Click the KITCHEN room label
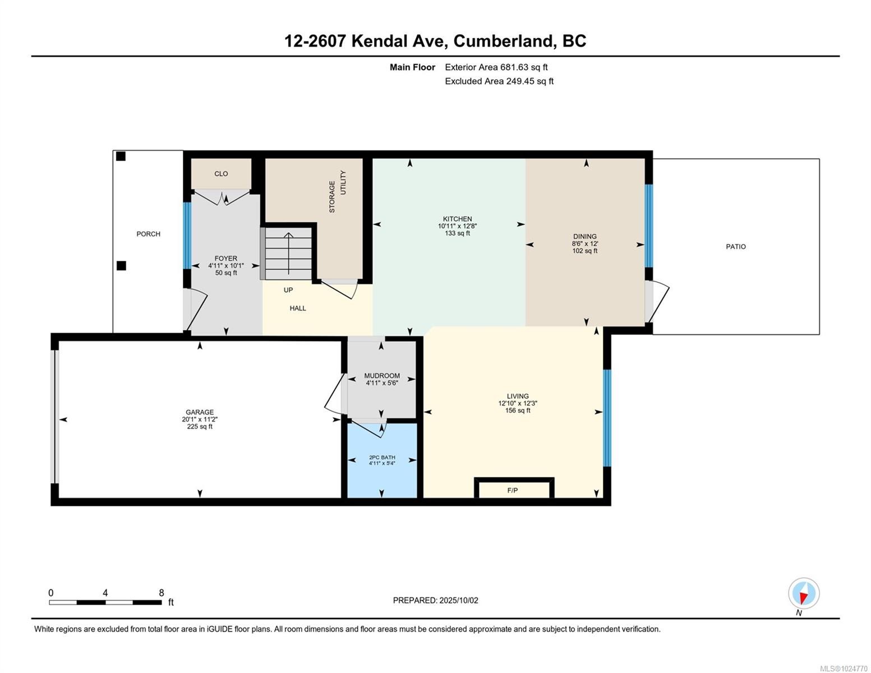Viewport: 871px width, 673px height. point(457,219)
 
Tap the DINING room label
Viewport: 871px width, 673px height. point(584,237)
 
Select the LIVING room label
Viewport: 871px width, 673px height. point(517,396)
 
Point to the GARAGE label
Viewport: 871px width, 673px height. point(200,412)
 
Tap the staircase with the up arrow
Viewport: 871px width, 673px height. point(288,253)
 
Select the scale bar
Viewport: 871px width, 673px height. point(105,602)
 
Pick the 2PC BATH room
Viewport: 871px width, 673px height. point(382,460)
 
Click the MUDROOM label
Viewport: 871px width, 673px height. point(382,376)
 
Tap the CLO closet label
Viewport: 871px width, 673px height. point(221,174)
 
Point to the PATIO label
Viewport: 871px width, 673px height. point(735,247)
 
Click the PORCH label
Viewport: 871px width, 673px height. point(148,234)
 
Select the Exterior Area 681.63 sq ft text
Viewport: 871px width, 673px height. point(496,67)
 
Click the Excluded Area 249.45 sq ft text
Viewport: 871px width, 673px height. point(499,81)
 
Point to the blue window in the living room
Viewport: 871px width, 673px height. point(606,418)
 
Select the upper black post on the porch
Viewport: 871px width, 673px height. point(121,156)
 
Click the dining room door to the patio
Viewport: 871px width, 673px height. point(657,302)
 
